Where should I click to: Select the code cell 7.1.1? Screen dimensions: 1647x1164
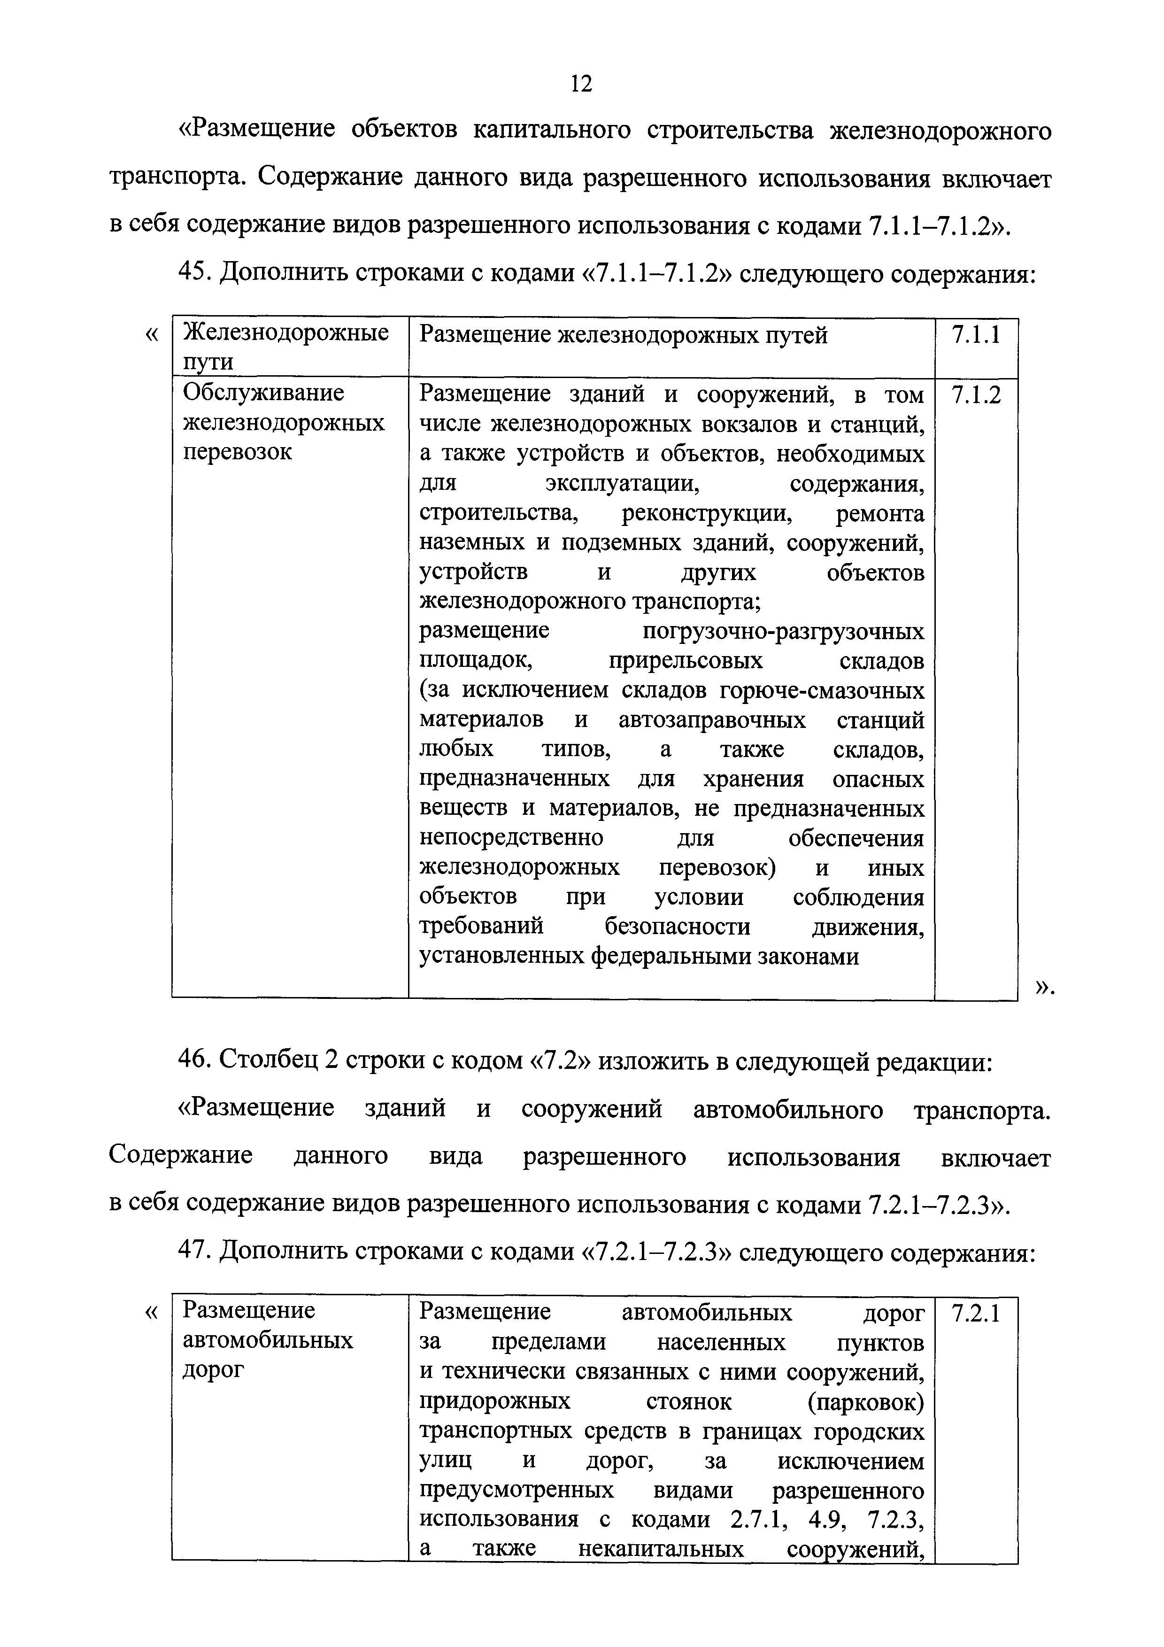point(976,335)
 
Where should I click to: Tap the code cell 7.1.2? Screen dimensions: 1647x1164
point(976,394)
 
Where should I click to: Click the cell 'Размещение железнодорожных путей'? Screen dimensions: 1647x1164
point(623,335)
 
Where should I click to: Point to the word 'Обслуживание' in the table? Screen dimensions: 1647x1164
point(263,393)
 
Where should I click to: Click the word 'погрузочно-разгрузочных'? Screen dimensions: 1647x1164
point(783,631)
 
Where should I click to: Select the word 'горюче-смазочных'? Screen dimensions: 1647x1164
point(822,690)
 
